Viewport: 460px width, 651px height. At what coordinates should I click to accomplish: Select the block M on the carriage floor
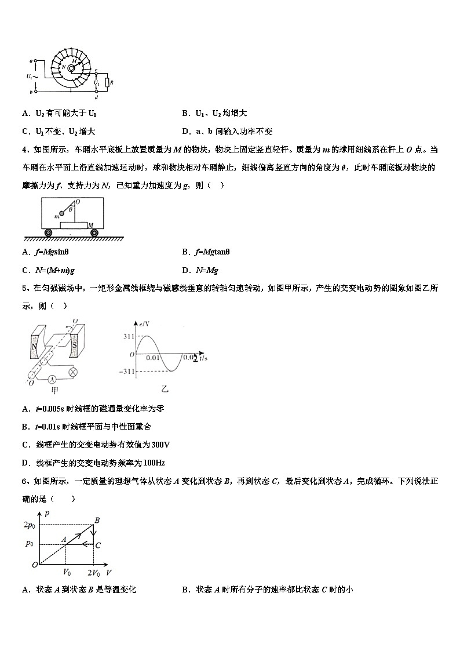click(x=73, y=224)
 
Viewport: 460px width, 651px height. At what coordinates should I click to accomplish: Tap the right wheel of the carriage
click(x=94, y=232)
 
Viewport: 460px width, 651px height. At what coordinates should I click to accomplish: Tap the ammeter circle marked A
click(x=52, y=379)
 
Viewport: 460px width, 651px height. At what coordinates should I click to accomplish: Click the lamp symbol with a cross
click(x=74, y=372)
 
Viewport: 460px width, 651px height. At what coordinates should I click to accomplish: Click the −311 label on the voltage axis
click(x=127, y=371)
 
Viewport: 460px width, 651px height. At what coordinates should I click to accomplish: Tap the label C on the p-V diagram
click(x=98, y=545)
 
